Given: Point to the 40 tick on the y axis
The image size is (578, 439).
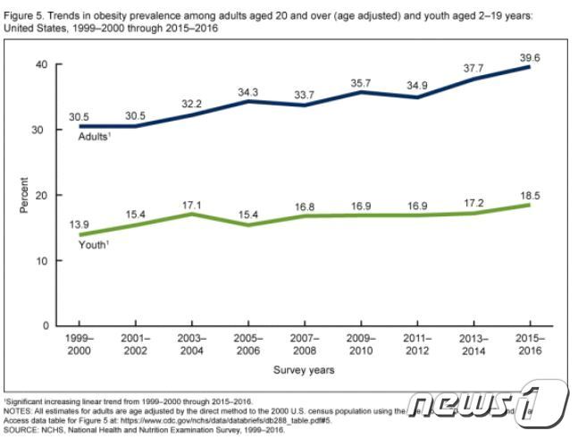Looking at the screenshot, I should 41,64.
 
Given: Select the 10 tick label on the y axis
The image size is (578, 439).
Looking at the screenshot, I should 41,260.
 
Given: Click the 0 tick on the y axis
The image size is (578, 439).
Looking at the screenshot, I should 45,325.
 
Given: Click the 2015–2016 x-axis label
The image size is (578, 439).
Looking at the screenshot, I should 531,344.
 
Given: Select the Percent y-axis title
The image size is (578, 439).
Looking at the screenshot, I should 25,195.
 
